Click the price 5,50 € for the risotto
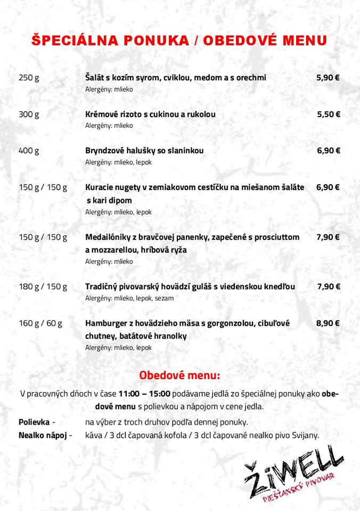tap(329, 114)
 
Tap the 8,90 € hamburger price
tap(328, 323)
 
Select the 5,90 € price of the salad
tap(328, 78)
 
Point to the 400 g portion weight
tap(29, 151)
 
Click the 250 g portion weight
tap(29, 78)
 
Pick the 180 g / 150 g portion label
tap(43, 287)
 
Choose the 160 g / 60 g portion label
tap(40, 323)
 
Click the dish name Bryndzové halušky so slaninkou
tap(144, 151)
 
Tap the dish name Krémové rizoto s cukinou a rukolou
tap(150, 114)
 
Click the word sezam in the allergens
tap(165, 298)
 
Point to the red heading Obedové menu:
tap(179, 375)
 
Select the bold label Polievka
tap(34, 422)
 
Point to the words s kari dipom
tap(109, 201)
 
